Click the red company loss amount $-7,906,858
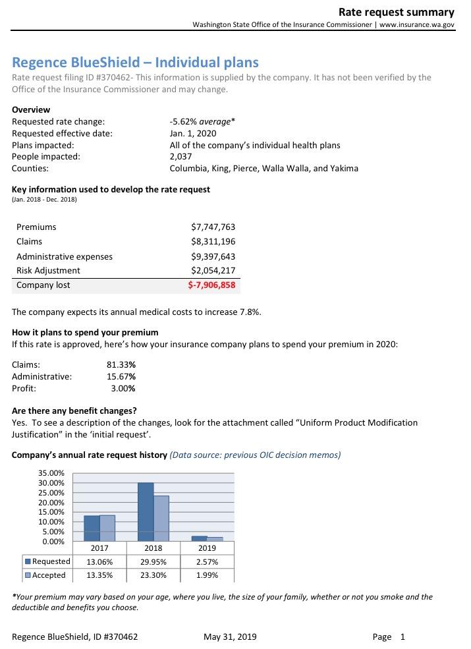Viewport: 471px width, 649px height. coord(211,285)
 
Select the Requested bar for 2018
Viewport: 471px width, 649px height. coord(146,512)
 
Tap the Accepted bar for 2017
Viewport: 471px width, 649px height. coord(107,528)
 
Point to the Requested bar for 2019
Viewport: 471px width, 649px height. coord(199,538)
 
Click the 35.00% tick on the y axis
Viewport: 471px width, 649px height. coord(52,473)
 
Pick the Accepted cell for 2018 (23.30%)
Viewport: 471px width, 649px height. coord(153,575)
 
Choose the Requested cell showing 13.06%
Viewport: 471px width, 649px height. coord(99,562)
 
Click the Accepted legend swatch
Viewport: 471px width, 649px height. coord(28,575)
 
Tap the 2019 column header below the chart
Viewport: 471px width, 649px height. coord(207,548)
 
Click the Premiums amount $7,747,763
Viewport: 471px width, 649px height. coord(212,227)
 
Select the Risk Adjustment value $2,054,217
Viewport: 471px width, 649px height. coord(212,270)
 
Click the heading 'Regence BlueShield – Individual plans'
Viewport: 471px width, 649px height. coord(136,63)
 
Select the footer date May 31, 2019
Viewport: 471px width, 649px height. coord(231,636)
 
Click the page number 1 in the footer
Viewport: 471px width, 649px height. coord(402,636)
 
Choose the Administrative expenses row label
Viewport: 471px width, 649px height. coord(65,256)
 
